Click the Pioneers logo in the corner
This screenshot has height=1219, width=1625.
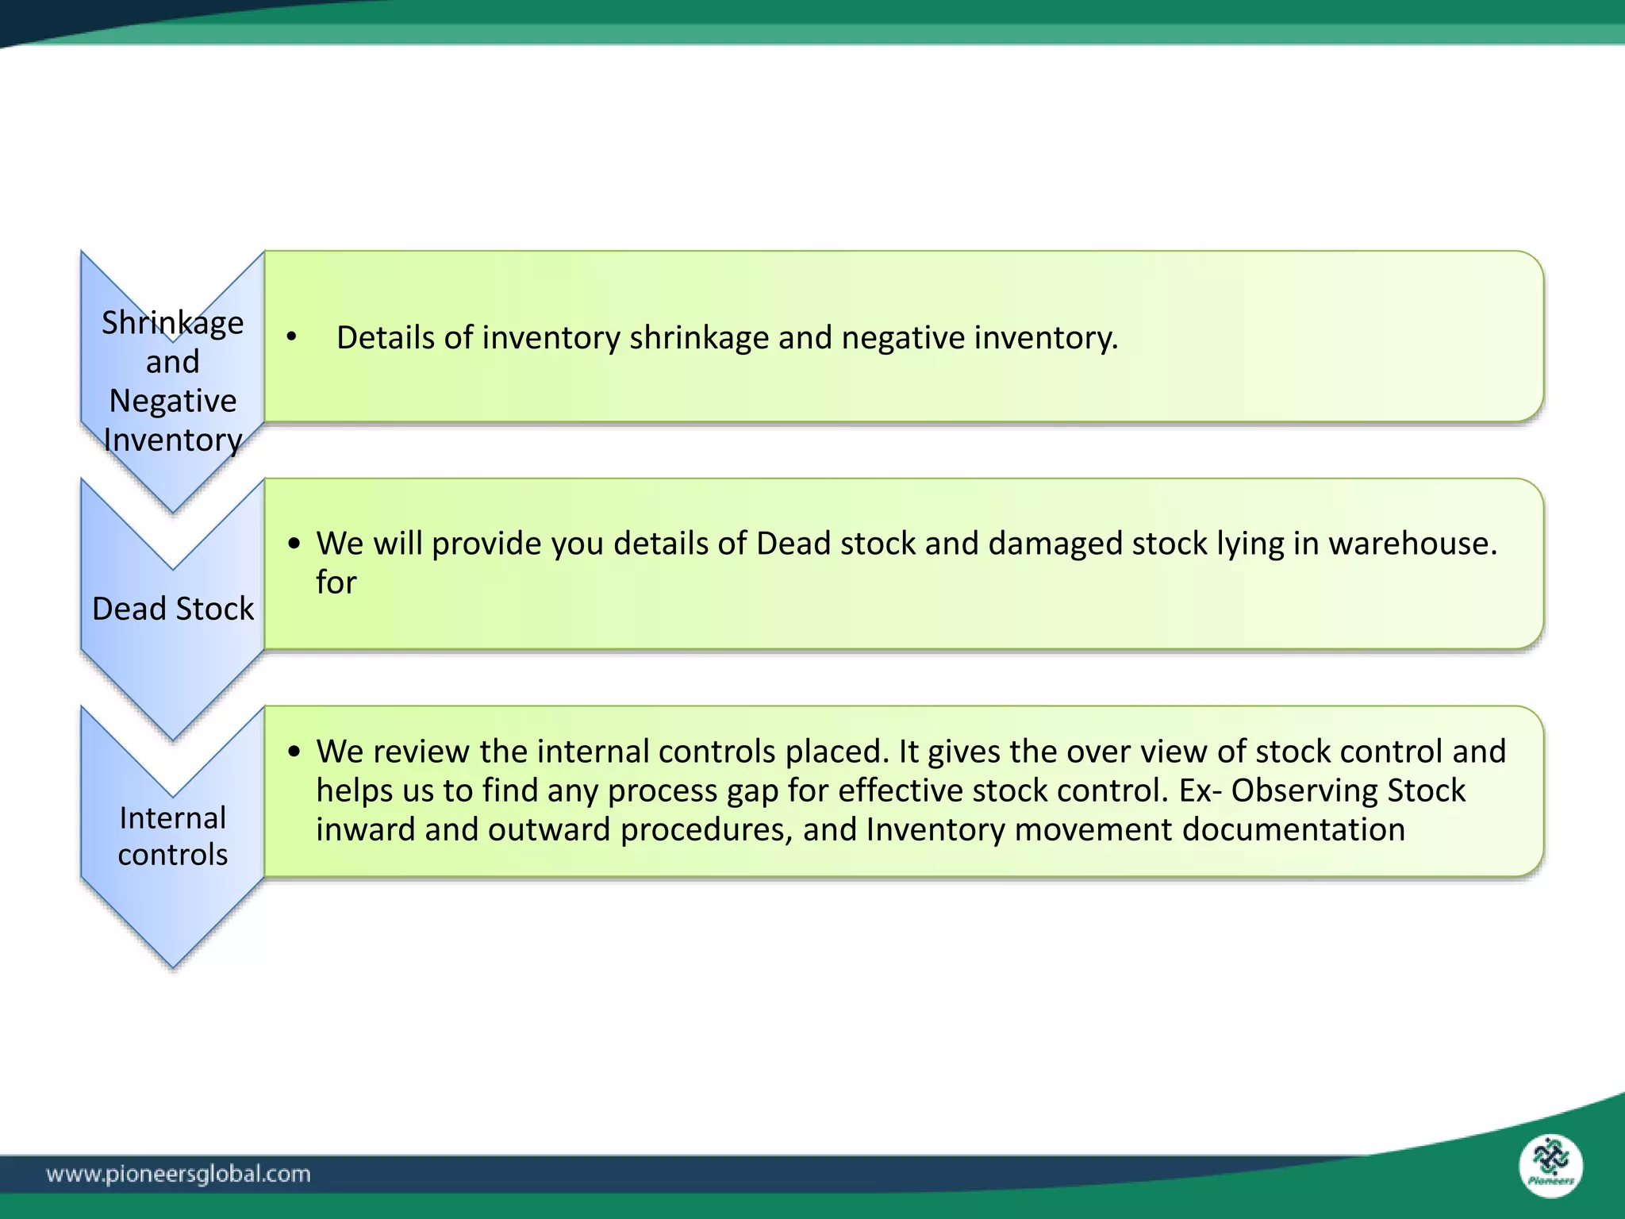1550,1166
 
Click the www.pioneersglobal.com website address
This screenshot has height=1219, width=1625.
179,1174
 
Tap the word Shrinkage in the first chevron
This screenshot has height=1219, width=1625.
172,323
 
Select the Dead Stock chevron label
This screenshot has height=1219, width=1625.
172,609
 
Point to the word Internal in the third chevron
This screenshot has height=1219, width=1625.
172,817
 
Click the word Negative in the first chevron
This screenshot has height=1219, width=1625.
172,401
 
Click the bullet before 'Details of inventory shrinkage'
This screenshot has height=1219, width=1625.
292,338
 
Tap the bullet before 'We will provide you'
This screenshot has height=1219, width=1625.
294,544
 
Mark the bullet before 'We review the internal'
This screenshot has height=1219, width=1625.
294,752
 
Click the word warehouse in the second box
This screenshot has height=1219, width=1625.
1412,544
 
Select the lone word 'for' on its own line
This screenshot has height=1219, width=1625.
336,583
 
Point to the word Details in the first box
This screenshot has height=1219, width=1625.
385,338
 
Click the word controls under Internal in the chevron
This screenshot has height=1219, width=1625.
172,855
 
